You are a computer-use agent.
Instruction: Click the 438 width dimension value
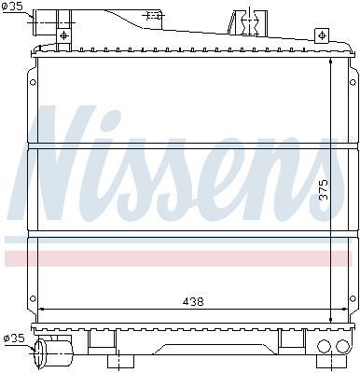(193, 301)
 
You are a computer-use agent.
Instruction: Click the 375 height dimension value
(323, 190)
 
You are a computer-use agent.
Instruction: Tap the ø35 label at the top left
(12, 7)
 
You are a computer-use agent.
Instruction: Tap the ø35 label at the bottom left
(13, 338)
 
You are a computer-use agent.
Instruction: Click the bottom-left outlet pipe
(53, 353)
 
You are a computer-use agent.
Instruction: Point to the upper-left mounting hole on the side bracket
(33, 83)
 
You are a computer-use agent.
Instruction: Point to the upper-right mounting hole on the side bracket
(353, 83)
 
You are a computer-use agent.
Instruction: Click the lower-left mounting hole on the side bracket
(33, 298)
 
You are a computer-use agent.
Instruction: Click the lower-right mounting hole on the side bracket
(353, 298)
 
